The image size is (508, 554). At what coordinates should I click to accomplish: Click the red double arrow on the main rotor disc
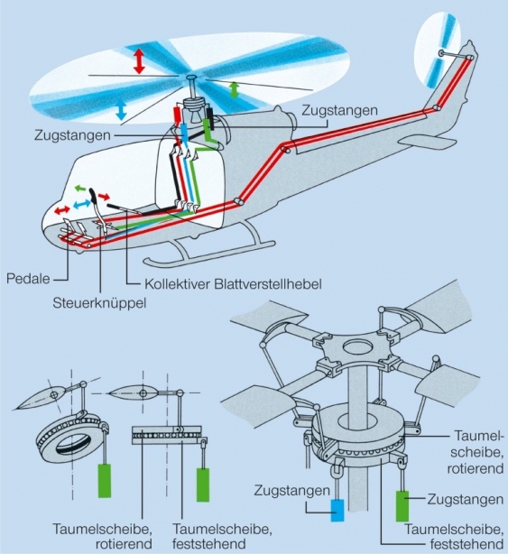pyautogui.click(x=138, y=61)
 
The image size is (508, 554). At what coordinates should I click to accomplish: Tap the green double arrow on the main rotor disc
pyautogui.click(x=235, y=89)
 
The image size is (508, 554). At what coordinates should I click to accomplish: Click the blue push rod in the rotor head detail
pyautogui.click(x=337, y=510)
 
